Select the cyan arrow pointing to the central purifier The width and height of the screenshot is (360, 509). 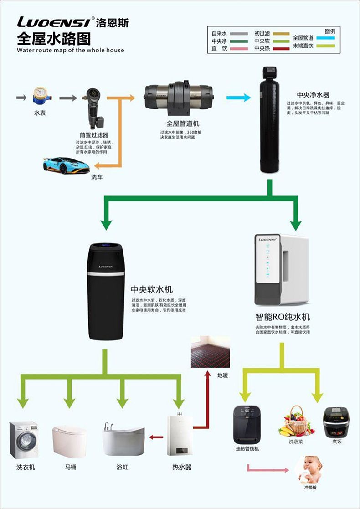238,97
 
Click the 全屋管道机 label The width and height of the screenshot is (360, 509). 182,123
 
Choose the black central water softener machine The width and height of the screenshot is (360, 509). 106,292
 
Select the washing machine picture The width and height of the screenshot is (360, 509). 24,439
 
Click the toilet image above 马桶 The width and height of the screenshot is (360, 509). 69,439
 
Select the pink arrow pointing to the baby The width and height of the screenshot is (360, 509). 267,469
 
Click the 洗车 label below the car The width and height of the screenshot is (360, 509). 97,176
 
